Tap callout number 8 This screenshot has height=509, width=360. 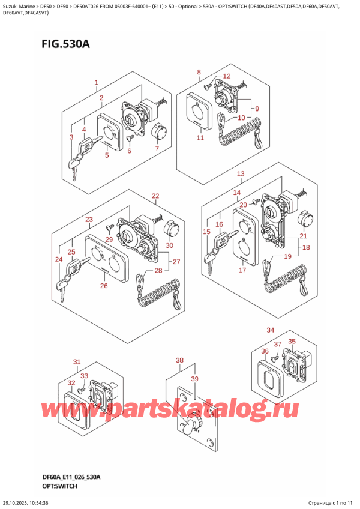tap(199, 73)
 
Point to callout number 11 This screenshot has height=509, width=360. tap(200, 138)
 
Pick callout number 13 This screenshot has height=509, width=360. tap(241, 174)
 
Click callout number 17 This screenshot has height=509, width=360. tap(242, 270)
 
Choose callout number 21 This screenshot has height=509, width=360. tap(303, 236)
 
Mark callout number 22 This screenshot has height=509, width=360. tap(155, 196)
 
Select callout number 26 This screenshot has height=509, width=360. tap(103, 285)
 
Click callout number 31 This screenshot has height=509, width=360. tap(76, 361)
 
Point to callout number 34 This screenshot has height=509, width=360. tap(270, 330)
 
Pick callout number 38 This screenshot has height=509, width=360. tap(179, 361)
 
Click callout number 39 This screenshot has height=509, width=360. tap(194, 379)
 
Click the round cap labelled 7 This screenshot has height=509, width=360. tap(158, 130)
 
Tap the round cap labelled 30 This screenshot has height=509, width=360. tap(171, 229)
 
